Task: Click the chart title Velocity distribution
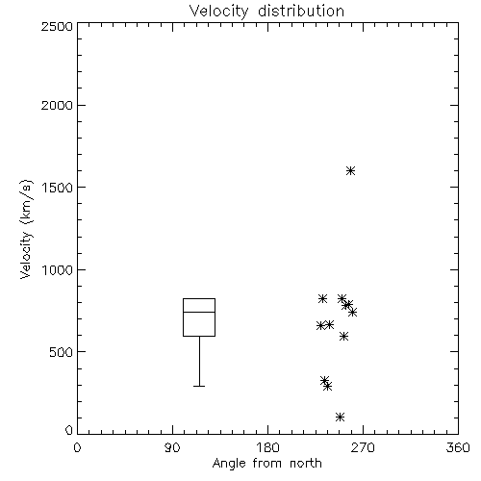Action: [x=266, y=11]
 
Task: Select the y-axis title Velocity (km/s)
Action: [x=26, y=229]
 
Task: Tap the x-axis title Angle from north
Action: [x=266, y=464]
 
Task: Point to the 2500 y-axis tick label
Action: [x=57, y=26]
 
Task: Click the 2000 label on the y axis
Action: [x=57, y=105]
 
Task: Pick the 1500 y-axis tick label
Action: [x=58, y=188]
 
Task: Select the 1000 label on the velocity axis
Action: [x=58, y=270]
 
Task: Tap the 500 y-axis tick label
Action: [x=62, y=352]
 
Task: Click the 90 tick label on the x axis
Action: [x=172, y=447]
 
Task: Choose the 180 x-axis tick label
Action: [x=267, y=447]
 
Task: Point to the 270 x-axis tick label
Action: [x=363, y=447]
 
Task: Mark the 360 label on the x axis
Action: [x=458, y=447]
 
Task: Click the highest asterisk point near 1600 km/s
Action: [x=351, y=170]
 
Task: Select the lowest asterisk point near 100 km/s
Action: [x=340, y=417]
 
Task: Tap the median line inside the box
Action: [x=199, y=312]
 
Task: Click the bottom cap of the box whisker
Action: [x=199, y=386]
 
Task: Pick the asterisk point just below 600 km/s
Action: [x=343, y=336]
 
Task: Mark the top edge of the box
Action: [x=199, y=298]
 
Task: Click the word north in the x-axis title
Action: [x=306, y=464]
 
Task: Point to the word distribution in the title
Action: [x=301, y=11]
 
